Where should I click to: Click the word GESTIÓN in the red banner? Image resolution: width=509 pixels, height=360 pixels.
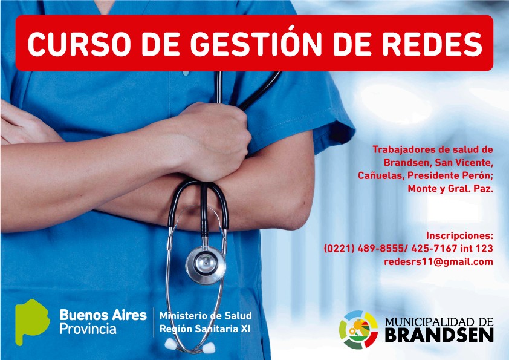[x=256, y=43]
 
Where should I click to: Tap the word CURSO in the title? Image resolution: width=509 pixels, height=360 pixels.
[x=79, y=44]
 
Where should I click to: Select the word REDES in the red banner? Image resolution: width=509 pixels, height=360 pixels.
[x=432, y=44]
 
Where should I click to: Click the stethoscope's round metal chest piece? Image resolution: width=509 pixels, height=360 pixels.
[x=206, y=265]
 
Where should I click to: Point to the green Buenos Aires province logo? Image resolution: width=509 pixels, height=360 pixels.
[x=32, y=321]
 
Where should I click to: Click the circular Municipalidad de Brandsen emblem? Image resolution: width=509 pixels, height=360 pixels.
[x=358, y=330]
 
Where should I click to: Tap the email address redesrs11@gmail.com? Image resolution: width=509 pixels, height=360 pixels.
[x=438, y=262]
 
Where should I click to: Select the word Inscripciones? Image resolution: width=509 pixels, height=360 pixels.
[x=459, y=235]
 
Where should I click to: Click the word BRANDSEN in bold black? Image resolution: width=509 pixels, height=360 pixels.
[x=439, y=335]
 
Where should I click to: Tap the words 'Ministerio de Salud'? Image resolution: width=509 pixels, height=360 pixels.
[x=206, y=315]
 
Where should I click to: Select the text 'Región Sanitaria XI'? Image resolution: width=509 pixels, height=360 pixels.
[x=205, y=329]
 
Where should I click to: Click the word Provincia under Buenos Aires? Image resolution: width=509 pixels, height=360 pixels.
[x=88, y=329]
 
